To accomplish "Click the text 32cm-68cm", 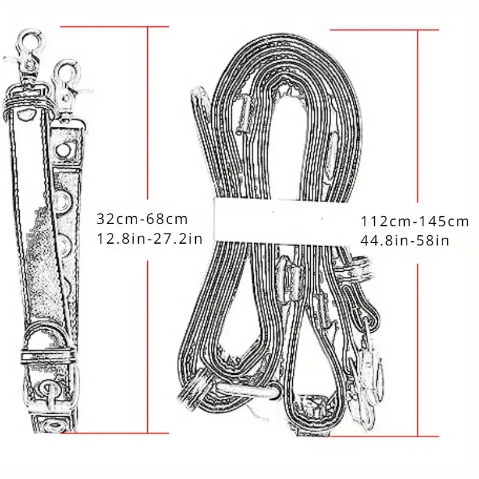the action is click(142, 219).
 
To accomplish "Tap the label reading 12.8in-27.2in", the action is click(150, 238).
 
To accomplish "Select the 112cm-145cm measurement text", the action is click(415, 222).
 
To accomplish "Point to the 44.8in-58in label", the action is click(405, 241).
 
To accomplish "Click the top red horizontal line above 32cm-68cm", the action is click(114, 27).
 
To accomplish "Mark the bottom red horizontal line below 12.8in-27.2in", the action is click(114, 433).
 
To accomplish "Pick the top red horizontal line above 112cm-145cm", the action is click(384, 30).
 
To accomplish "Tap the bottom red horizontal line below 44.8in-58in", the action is click(384, 436).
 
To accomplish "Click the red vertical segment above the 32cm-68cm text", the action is click(148, 113).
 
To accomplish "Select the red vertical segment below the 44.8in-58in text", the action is click(417, 350).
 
